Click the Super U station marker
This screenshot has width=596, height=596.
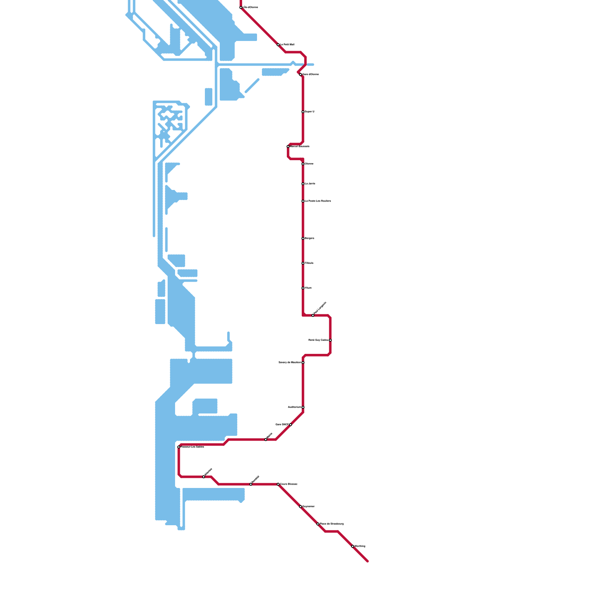pyautogui.click(x=303, y=112)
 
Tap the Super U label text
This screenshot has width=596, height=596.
pyautogui.click(x=310, y=112)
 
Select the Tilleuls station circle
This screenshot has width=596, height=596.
pyautogui.click(x=303, y=263)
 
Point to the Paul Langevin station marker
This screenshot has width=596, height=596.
pyautogui.click(x=313, y=316)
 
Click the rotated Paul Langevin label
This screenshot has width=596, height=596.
pyautogui.click(x=320, y=307)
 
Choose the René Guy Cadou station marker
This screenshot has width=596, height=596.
pyautogui.click(x=330, y=340)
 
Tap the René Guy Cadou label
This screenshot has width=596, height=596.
pyautogui.click(x=318, y=340)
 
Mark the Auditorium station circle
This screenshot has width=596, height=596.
pyautogui.click(x=303, y=407)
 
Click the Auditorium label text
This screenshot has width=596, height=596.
pyautogui.click(x=294, y=407)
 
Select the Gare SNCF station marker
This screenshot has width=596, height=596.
pyautogui.click(x=291, y=425)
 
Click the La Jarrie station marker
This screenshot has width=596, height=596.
pyautogui.click(x=303, y=184)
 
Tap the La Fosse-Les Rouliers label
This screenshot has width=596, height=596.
pyautogui.click(x=318, y=201)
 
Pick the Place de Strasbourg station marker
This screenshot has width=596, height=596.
pyautogui.click(x=318, y=524)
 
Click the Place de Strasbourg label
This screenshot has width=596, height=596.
pyautogui.click(x=332, y=524)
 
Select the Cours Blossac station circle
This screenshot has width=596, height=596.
pyautogui.click(x=278, y=484)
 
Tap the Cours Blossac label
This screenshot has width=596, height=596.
pyautogui.click(x=289, y=484)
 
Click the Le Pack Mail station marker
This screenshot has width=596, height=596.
pyautogui.click(x=278, y=45)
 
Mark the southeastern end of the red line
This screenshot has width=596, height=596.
pyautogui.click(x=367, y=561)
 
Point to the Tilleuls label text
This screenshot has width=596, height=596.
pyautogui.click(x=309, y=263)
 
